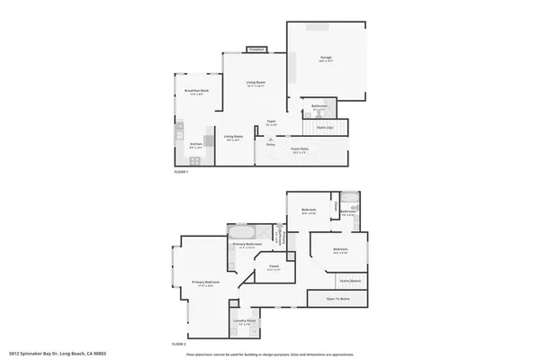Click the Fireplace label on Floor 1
pyautogui.click(x=256, y=49)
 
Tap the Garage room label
pyautogui.click(x=326, y=58)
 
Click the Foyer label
pyautogui.click(x=270, y=121)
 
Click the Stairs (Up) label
pyautogui.click(x=324, y=128)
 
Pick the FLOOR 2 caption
pyautogui.click(x=179, y=343)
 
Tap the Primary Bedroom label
pyautogui.click(x=205, y=283)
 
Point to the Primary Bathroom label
pyautogui.click(x=247, y=245)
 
